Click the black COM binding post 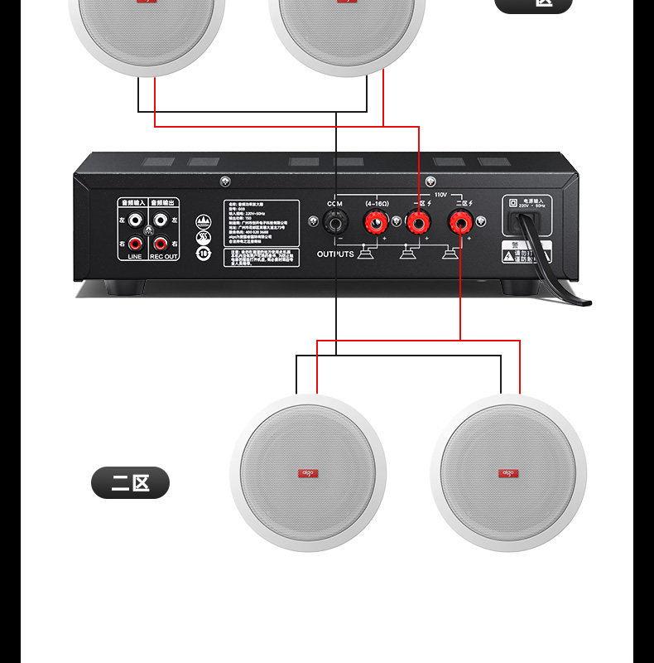[x=336, y=222]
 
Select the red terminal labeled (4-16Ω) [x=375, y=222]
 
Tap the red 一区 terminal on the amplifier [x=417, y=222]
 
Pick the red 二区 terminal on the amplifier [x=459, y=222]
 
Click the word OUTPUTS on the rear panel [x=335, y=254]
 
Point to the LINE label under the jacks [x=134, y=257]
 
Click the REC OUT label [x=164, y=257]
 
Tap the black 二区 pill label [x=130, y=482]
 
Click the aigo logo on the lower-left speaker [x=307, y=473]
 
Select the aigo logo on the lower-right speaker [x=508, y=473]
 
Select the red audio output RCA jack [x=159, y=244]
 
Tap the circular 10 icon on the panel [x=204, y=253]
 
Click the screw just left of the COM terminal [x=313, y=221]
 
